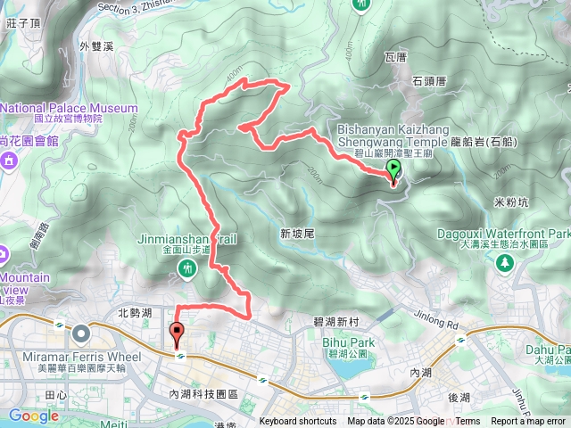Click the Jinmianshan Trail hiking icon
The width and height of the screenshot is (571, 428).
point(187,267)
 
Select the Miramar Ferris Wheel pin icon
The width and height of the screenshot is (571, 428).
point(82,334)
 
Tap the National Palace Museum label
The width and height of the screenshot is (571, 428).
point(69,109)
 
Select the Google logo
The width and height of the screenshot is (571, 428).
point(33,416)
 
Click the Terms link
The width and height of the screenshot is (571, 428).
point(468,422)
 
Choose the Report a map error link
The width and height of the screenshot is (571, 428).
point(529,422)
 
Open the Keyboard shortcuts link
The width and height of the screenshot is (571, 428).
point(298,422)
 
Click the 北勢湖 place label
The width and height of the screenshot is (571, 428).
point(136,313)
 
